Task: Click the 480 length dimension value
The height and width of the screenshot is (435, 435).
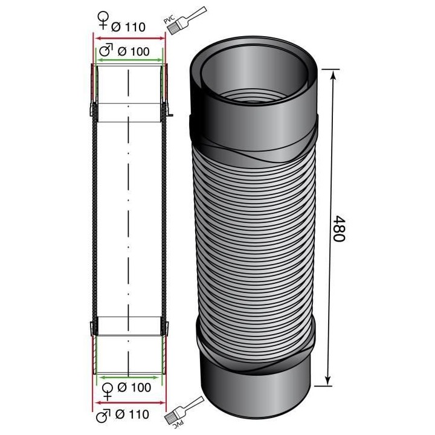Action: [x=338, y=228]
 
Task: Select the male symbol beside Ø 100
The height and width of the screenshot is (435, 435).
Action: [x=105, y=51]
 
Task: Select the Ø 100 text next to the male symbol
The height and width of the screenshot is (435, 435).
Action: [x=132, y=51]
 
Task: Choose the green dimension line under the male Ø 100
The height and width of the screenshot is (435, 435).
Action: [x=129, y=60]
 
